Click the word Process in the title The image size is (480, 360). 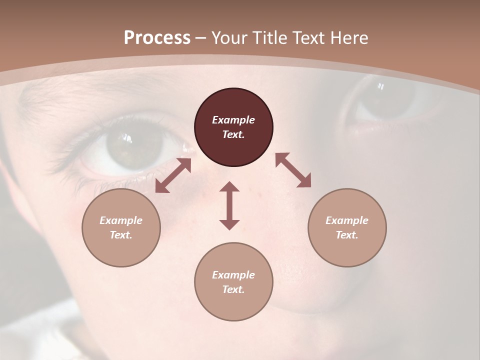click(x=157, y=38)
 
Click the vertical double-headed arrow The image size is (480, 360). click(x=229, y=205)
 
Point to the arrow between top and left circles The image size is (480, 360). click(x=173, y=175)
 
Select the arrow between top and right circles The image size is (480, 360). click(x=293, y=170)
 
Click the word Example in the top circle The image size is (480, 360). click(x=233, y=120)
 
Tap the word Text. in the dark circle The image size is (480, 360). click(x=233, y=134)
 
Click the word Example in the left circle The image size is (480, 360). click(x=121, y=220)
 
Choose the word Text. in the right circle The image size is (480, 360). click(x=347, y=235)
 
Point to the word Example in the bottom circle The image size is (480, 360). click(x=233, y=275)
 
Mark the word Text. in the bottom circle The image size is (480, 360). click(x=233, y=289)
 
